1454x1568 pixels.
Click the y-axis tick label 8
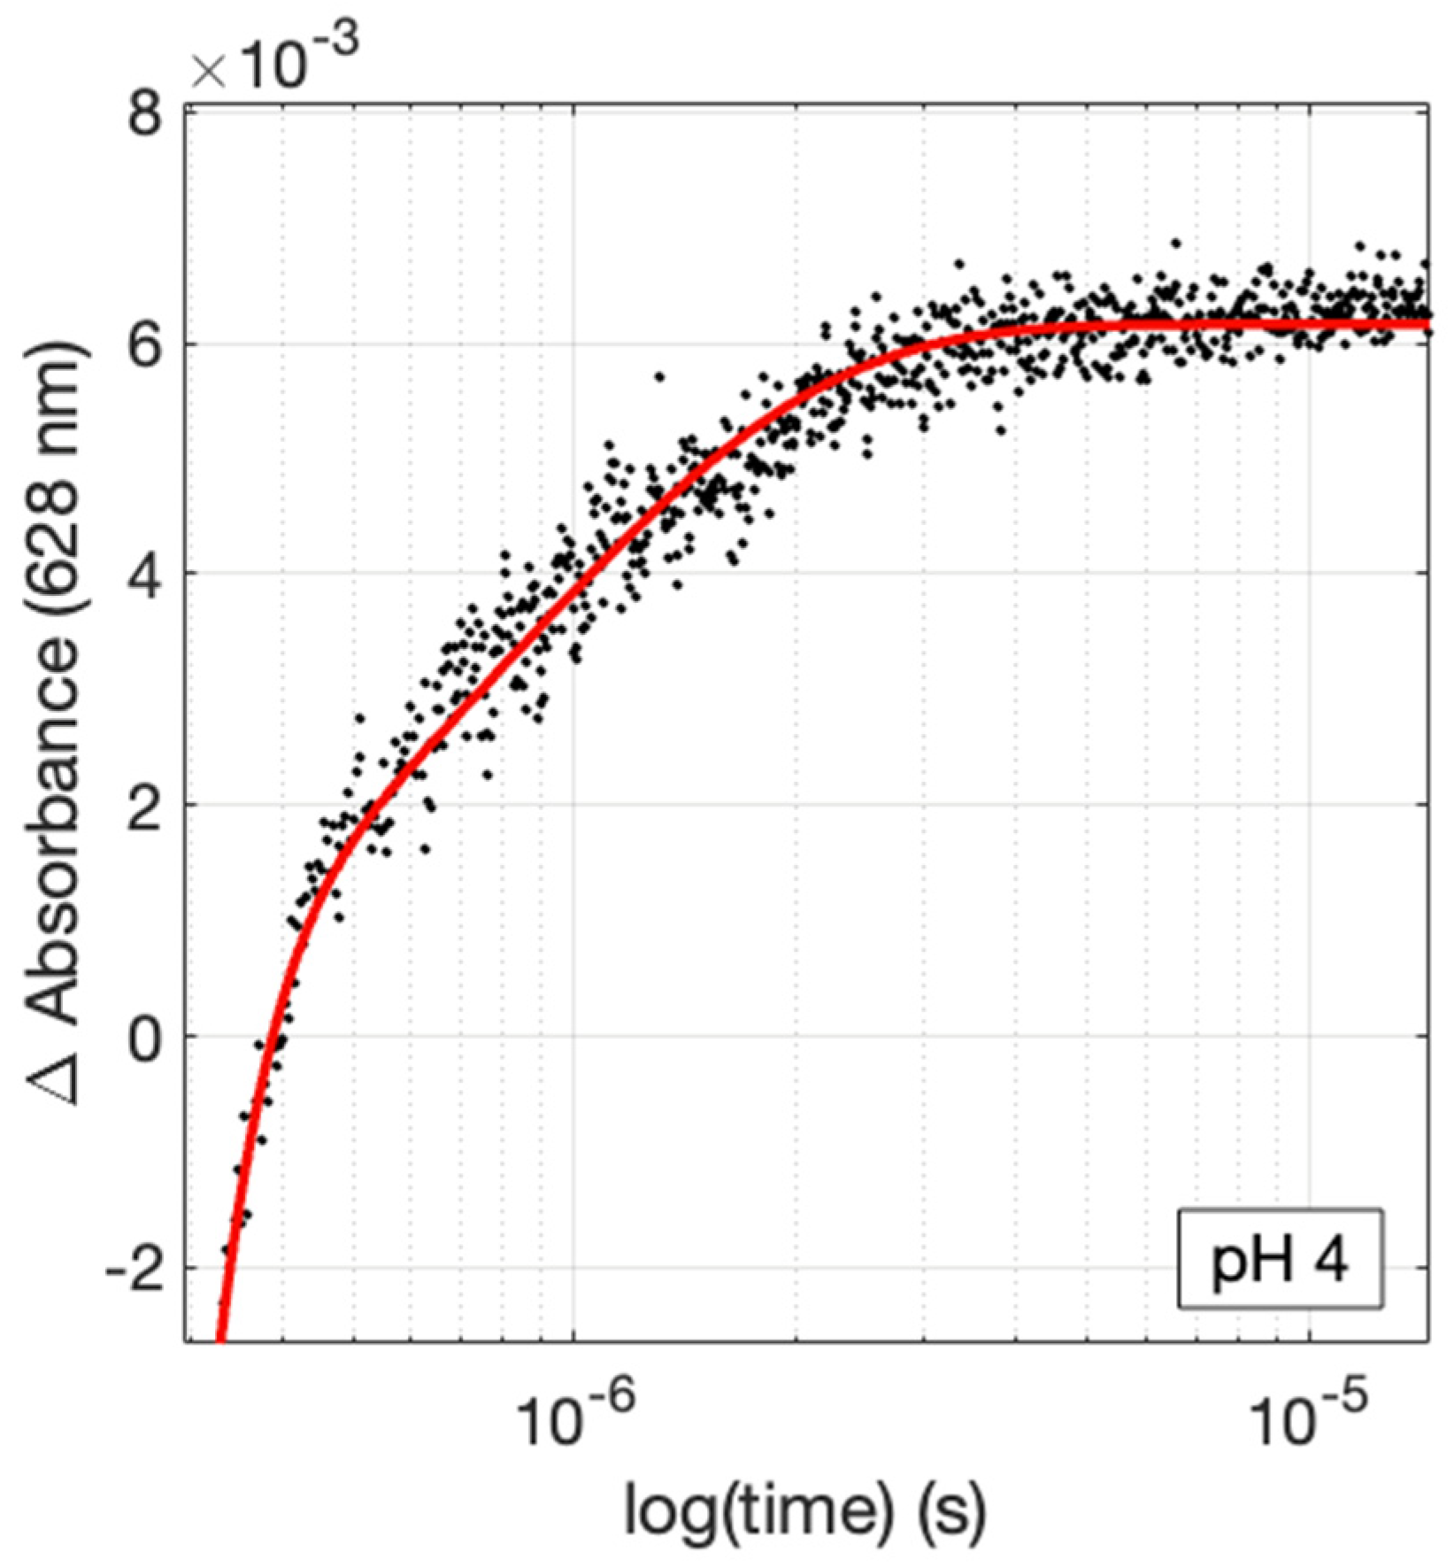coord(145,115)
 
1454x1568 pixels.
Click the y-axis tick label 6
coord(145,345)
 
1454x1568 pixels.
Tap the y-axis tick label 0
coord(145,1036)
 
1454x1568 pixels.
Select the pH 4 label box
coord(1279,1259)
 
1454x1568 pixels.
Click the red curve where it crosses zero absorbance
coord(264,1036)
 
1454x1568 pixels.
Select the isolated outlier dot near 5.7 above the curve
coord(659,376)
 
